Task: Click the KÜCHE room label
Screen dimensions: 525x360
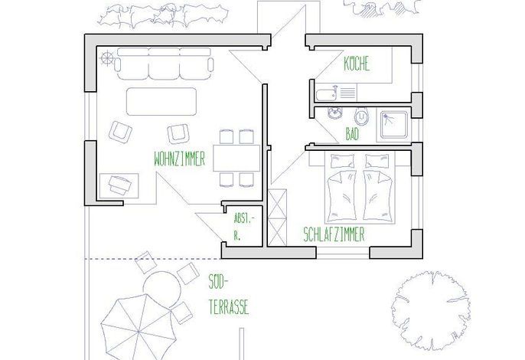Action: pos(357,64)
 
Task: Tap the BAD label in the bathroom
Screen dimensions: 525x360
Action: pos(352,134)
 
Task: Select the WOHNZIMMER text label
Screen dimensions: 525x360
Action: pos(179,159)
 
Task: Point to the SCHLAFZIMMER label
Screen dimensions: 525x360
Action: pos(334,234)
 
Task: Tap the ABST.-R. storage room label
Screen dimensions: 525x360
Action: pos(243,227)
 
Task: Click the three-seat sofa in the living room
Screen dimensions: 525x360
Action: pos(164,64)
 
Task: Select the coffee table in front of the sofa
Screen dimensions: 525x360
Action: pos(161,102)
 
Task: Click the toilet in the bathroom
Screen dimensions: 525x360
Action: pos(361,116)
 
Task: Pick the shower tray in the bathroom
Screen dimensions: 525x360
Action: pos(394,125)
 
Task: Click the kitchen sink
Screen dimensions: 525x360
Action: pos(327,93)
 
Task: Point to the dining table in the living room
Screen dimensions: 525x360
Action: pos(236,158)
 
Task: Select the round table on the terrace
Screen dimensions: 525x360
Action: pos(162,290)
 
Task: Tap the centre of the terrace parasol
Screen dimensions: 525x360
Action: pos(139,332)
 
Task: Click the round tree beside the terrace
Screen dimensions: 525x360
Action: pos(431,311)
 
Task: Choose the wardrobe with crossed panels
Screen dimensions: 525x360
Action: pos(278,218)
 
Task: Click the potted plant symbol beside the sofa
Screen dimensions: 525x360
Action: pos(107,59)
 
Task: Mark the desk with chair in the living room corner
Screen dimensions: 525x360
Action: pos(119,185)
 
